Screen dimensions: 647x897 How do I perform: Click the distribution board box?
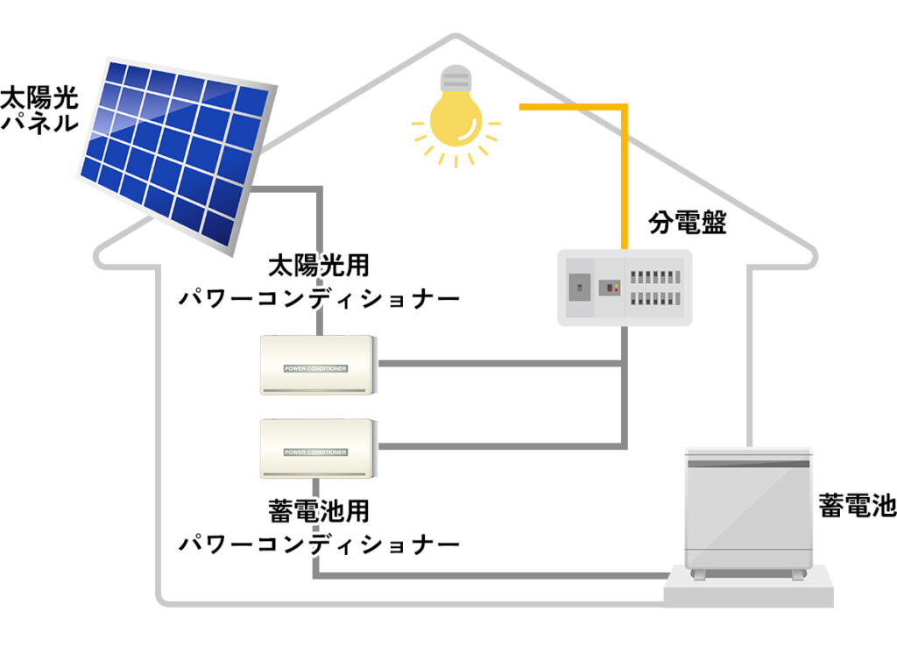point(625,288)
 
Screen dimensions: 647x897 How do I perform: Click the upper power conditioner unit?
point(317,365)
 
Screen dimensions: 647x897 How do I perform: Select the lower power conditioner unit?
point(317,448)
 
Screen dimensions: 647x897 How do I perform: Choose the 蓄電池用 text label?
point(319,510)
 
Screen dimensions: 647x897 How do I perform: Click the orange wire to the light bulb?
point(624,167)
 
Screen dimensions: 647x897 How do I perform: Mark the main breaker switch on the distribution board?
point(577,287)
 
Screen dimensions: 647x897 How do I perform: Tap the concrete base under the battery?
point(747,589)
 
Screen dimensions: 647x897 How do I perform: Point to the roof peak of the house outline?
point(456,39)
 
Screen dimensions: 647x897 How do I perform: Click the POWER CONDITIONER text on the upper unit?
point(315,369)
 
